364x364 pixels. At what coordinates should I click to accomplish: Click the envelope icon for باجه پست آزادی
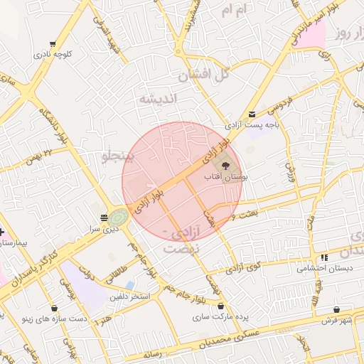[x=252, y=114]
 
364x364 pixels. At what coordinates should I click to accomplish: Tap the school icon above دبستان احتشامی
[x=323, y=257]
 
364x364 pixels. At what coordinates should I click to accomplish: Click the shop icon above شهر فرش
[x=336, y=310]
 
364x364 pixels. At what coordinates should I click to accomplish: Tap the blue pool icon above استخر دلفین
[x=129, y=285]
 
